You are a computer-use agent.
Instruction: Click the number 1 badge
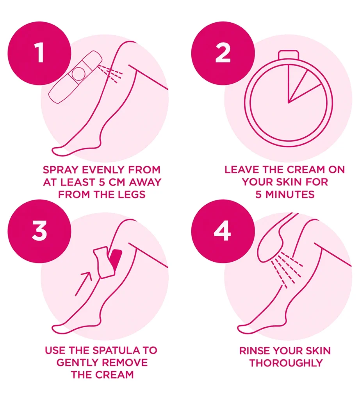39,53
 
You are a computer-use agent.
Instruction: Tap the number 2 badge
223,53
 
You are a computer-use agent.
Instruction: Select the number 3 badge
39,231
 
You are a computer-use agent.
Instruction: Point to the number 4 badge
223,231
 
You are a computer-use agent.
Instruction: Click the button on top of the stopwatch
288,55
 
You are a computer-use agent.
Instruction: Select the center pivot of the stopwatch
288,103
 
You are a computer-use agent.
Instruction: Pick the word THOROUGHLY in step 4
286,363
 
